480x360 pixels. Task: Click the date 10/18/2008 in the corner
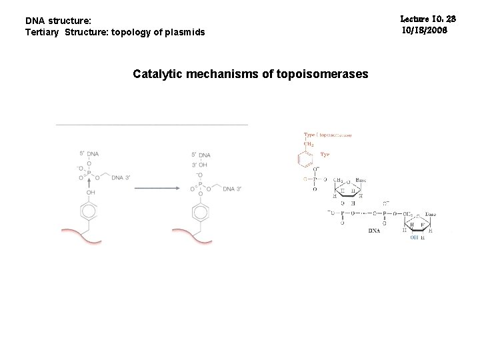(x=425, y=31)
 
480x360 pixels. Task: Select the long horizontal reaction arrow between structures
(x=157, y=188)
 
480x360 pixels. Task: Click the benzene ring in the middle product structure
(x=200, y=213)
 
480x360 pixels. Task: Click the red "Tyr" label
(x=325, y=155)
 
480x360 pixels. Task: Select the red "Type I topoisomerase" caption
(x=327, y=135)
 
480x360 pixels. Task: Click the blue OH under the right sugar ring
(x=415, y=236)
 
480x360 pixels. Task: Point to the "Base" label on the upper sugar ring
(x=360, y=181)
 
